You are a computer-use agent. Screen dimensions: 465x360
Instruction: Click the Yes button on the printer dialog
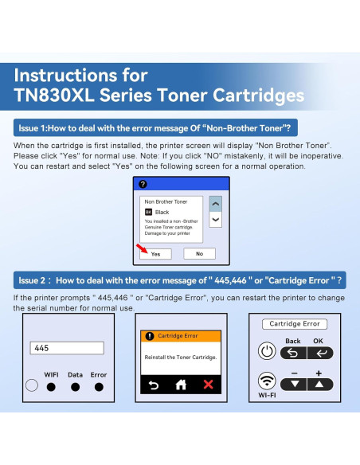[155, 253]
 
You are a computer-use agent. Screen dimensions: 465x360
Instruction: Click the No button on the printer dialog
[199, 253]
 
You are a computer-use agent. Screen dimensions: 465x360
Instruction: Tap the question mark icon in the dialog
[143, 184]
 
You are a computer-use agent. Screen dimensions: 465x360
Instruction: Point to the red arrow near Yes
[142, 248]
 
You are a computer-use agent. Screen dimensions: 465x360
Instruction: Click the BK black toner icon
[148, 212]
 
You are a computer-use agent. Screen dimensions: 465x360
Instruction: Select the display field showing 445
[67, 348]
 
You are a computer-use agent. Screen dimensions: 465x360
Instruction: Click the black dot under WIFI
[51, 386]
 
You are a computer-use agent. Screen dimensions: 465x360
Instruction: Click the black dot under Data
[76, 386]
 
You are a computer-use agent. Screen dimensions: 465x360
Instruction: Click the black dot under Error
[99, 386]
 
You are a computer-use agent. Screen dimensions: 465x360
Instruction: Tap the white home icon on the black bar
[181, 385]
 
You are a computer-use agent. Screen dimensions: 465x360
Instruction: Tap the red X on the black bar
[209, 385]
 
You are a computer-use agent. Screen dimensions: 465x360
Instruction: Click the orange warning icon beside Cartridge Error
[150, 336]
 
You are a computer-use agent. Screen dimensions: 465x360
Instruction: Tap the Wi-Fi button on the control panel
[267, 381]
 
